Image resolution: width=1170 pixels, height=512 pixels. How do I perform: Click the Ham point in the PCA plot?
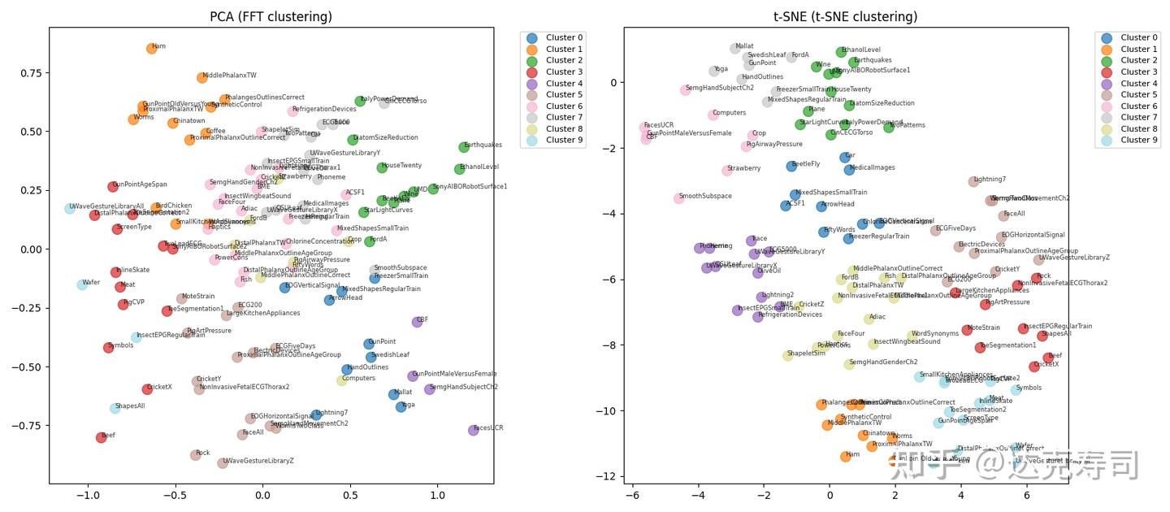click(151, 49)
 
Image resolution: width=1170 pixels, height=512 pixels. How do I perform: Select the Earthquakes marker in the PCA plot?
click(464, 147)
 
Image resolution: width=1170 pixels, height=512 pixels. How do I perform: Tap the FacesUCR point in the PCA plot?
click(474, 430)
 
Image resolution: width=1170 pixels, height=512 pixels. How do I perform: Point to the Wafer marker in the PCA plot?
click(82, 284)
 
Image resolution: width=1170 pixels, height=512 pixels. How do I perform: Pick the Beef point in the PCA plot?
click(102, 437)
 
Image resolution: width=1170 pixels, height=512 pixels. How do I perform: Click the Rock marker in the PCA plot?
click(196, 455)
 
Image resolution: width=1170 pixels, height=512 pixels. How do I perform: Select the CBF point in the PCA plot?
click(418, 322)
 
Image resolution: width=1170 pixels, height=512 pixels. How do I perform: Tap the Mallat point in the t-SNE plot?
click(735, 49)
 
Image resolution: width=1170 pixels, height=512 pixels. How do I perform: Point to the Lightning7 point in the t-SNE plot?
click(973, 181)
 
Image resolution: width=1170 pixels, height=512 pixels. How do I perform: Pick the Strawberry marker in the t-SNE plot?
click(727, 171)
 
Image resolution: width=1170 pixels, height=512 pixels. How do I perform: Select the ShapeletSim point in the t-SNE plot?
click(787, 355)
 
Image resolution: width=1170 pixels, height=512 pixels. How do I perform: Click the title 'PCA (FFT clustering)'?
click(271, 16)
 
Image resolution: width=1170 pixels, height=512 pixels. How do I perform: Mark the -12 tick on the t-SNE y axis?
click(609, 476)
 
